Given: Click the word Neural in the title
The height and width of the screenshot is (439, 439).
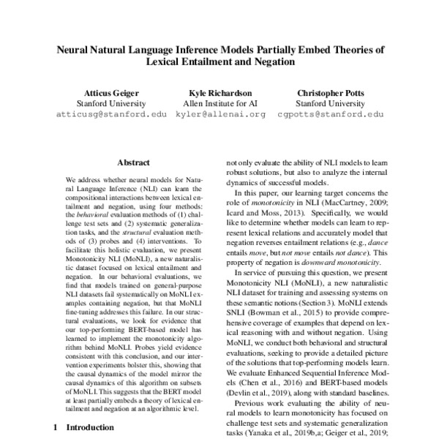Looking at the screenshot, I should (75, 51).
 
